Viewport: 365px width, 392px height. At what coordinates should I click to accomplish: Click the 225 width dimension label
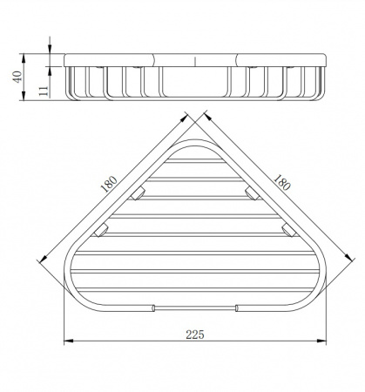coord(195,335)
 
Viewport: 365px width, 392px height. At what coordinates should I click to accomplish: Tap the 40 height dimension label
coord(18,77)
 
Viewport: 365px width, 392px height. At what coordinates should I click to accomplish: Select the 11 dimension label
coord(43,91)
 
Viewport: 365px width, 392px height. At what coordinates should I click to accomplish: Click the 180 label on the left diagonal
coord(109,185)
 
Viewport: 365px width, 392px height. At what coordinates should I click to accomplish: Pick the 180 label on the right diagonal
coord(281,182)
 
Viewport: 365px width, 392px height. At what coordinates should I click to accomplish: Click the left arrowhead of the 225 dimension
coord(68,341)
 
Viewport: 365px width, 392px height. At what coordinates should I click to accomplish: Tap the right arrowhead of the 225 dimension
coord(321,341)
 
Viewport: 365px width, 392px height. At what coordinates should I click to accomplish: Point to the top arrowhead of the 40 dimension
coord(24,57)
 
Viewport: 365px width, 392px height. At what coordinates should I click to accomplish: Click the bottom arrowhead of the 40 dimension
coord(24,96)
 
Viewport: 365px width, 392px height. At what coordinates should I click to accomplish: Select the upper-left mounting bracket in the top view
coord(138,193)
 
